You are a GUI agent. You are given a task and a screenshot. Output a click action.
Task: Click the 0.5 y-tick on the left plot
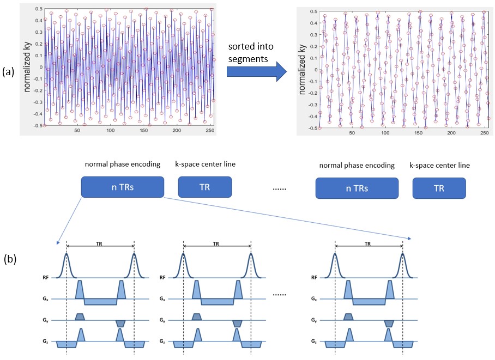(38, 9)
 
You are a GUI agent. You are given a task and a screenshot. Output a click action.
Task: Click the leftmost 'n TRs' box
(122, 188)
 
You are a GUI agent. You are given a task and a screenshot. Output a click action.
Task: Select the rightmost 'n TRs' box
(357, 188)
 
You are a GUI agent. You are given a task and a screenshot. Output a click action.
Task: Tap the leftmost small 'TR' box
(200, 188)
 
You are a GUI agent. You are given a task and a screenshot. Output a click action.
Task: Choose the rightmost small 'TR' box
(439, 188)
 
